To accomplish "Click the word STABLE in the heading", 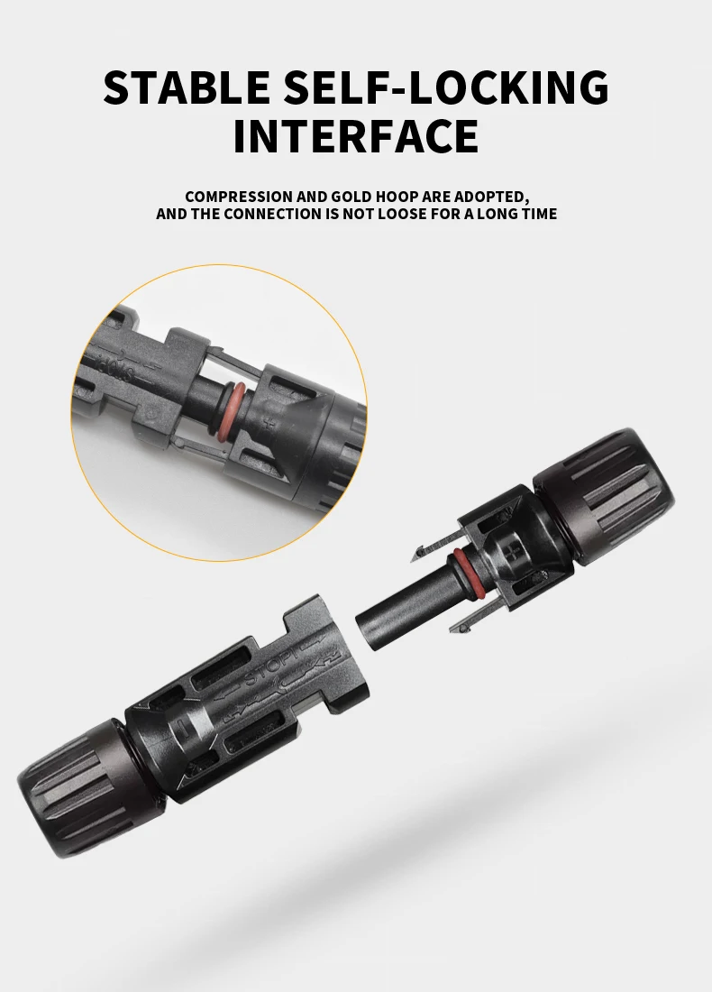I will [x=185, y=87].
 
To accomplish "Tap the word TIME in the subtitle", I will [x=537, y=215].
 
